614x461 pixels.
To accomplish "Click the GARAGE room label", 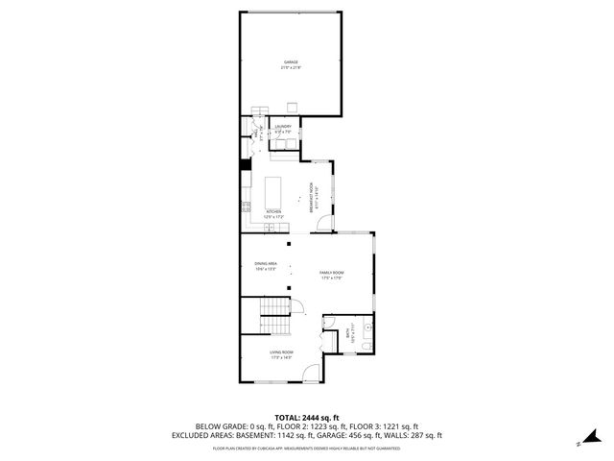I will tap(291, 64).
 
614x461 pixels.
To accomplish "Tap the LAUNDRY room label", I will tap(283, 129).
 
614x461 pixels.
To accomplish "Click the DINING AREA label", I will tap(266, 266).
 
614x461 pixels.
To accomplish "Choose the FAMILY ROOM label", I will tap(332, 277).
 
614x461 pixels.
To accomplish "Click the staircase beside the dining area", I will tap(275, 308).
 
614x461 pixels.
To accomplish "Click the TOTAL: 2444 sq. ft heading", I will tap(306, 417).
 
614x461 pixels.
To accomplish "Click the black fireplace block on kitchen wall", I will tap(246, 164).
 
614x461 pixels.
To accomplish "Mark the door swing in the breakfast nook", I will tap(324, 224).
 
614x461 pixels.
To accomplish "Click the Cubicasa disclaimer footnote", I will tap(306, 448).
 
